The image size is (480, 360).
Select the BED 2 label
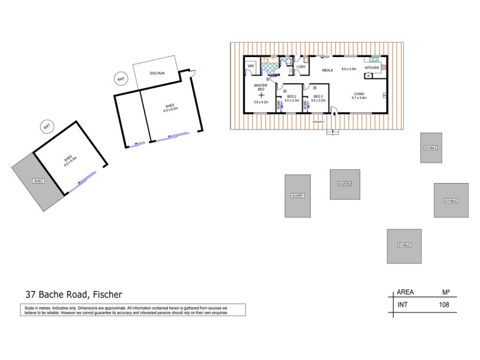click(292, 97)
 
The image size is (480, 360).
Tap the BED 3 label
click(317, 97)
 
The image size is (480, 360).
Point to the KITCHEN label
click(372, 68)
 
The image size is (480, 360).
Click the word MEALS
click(327, 70)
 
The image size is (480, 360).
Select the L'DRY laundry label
click(301, 67)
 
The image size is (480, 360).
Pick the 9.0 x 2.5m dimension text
click(349, 70)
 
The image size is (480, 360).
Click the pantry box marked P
click(368, 76)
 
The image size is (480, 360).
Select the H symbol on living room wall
click(384, 96)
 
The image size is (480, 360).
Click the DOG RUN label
click(157, 73)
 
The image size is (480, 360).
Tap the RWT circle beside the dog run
click(121, 79)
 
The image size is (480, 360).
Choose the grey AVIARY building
click(298, 196)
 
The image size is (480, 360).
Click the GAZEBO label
click(344, 183)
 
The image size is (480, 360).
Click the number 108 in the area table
click(443, 305)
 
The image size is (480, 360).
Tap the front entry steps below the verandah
click(331, 132)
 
